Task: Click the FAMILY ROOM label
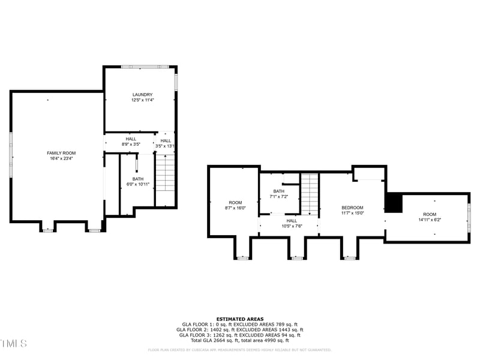(x=61, y=153)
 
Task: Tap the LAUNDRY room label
(x=142, y=94)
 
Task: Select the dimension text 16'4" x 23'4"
(x=61, y=159)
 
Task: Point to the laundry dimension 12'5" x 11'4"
(x=142, y=100)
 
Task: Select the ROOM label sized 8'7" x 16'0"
(x=235, y=202)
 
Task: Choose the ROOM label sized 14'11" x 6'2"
(x=430, y=214)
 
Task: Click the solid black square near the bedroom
(x=393, y=203)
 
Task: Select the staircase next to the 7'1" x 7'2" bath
(x=309, y=193)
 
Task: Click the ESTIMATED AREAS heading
(x=239, y=319)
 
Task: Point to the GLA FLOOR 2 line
(x=239, y=330)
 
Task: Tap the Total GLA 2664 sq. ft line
(x=239, y=340)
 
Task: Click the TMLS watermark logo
(x=13, y=343)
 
